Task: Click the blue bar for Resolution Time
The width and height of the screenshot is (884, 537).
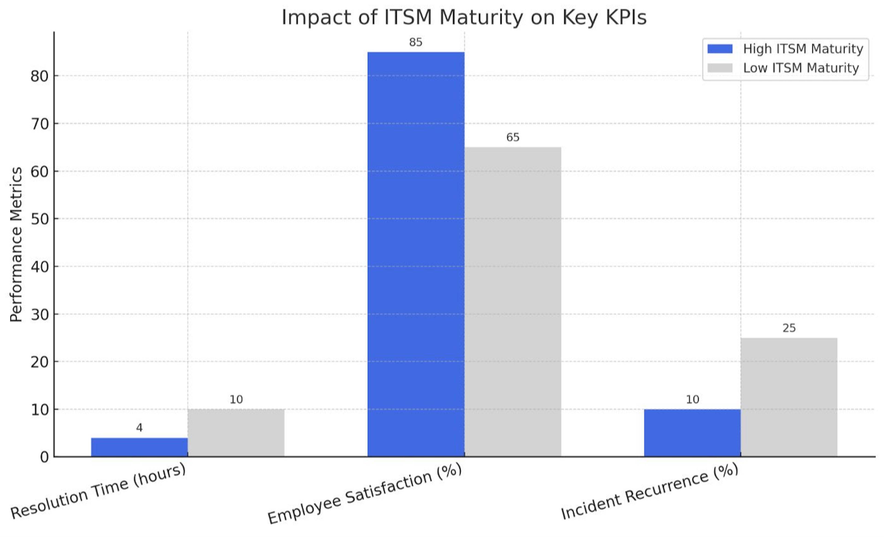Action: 139,447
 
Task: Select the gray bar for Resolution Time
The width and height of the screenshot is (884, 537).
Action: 236,433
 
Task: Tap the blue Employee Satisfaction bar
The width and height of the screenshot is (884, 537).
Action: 416,254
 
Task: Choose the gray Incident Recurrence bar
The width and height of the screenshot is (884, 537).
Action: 789,397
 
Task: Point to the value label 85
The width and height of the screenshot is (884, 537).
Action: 416,42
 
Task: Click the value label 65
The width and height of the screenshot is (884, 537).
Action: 513,137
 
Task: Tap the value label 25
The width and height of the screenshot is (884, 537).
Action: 789,328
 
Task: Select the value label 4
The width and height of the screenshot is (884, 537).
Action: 139,428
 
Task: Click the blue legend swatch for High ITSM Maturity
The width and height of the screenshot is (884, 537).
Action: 720,49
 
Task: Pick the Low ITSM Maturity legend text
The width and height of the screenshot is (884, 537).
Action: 801,68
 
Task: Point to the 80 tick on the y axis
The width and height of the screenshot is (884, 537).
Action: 39,76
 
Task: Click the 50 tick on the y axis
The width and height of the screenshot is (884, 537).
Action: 39,219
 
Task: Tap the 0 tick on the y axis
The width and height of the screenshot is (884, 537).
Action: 44,457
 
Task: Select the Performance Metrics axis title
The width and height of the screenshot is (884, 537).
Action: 16,245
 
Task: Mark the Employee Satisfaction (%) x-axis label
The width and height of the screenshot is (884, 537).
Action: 364,494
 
